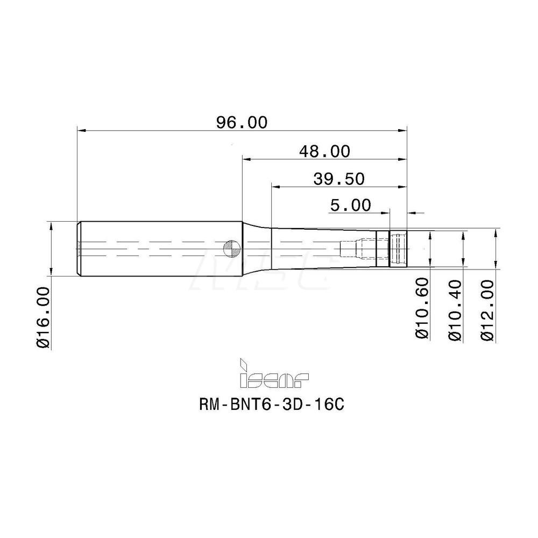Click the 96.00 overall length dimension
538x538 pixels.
coord(242,122)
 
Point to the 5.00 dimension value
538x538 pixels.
coord(350,205)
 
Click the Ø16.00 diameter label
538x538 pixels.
coord(44,318)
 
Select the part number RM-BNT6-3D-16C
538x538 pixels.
coord(271,405)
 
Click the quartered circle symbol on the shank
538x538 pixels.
coord(230,248)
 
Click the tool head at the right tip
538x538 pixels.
coord(398,248)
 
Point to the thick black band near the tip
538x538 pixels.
coord(381,249)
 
